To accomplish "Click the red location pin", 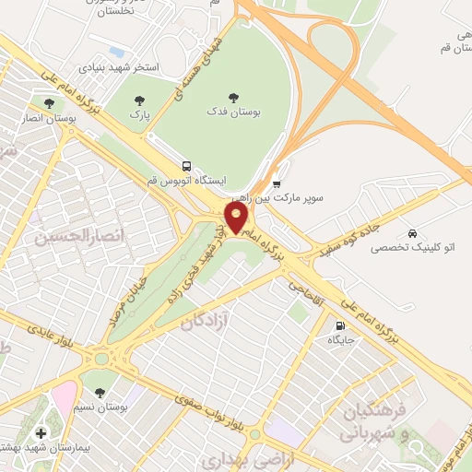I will coord(236,218).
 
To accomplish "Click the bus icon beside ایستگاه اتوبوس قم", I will coord(187,167).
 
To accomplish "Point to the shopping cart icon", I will coord(277,183).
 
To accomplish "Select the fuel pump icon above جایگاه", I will coord(340,325).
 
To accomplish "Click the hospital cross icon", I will coord(40,432).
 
